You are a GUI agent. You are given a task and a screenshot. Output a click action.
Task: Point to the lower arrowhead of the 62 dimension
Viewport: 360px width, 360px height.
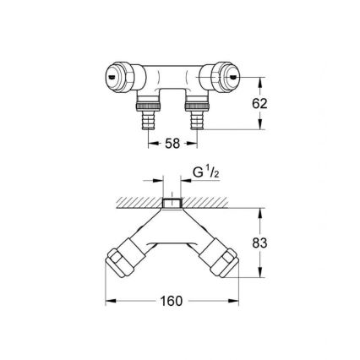[x=259, y=128]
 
